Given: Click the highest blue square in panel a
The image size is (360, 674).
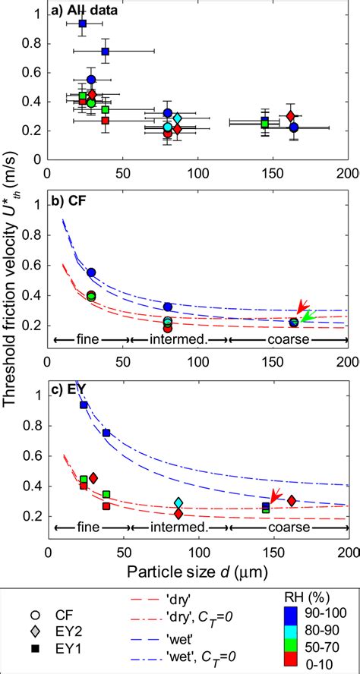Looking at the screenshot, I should click(83, 24).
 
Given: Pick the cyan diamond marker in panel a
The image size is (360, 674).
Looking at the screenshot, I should click(177, 118).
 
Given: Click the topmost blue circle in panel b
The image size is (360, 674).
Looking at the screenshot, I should click(91, 272).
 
